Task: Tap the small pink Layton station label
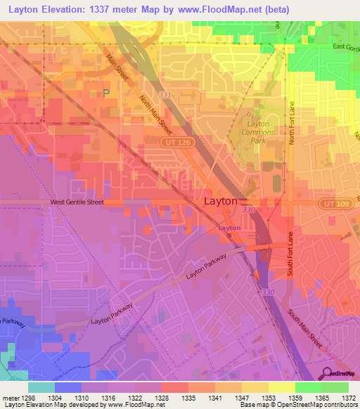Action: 229,228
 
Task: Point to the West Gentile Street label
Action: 77,202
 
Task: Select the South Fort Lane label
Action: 289,259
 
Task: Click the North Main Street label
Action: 155,115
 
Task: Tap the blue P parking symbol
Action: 106,93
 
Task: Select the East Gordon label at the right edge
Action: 345,48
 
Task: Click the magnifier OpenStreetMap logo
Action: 326,372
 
